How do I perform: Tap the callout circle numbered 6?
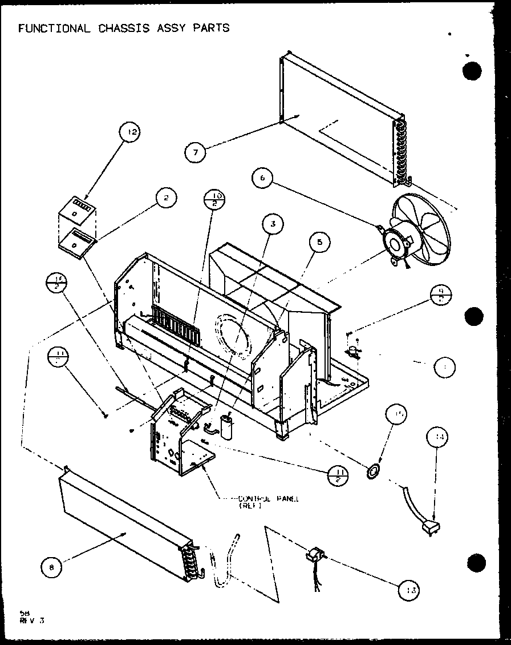pyautogui.click(x=262, y=178)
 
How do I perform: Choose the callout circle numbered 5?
pyautogui.click(x=319, y=243)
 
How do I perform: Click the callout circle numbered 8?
pyautogui.click(x=52, y=567)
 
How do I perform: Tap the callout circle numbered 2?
pyautogui.click(x=165, y=199)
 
